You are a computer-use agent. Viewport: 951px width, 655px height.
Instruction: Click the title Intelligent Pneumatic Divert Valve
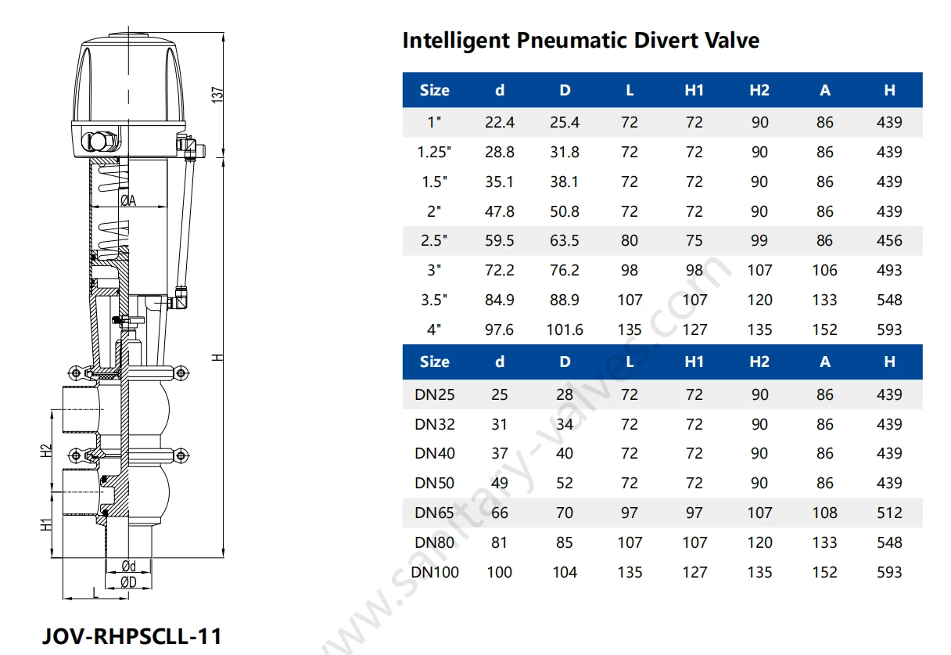point(580,41)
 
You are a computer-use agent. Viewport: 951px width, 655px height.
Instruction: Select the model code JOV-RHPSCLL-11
point(131,635)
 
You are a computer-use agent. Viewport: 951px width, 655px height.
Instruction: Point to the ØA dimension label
point(128,201)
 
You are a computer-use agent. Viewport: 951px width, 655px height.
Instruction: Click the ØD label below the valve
point(128,581)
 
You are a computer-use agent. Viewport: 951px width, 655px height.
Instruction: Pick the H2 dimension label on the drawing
point(46,452)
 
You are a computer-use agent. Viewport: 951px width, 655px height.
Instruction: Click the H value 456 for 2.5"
point(889,241)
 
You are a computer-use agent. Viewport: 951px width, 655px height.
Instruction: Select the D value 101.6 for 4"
point(565,329)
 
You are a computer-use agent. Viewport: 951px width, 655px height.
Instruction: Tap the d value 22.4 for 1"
point(499,123)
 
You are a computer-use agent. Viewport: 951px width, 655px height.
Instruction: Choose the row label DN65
point(435,513)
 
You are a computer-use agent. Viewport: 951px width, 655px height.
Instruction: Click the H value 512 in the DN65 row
point(889,513)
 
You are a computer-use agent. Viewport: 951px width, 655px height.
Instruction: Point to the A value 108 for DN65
point(824,513)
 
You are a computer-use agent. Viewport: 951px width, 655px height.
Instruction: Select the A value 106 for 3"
point(824,271)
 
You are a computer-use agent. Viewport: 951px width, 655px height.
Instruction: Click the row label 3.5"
point(435,301)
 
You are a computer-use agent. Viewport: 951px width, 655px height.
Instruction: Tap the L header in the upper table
point(630,91)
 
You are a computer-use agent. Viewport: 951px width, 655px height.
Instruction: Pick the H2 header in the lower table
point(759,362)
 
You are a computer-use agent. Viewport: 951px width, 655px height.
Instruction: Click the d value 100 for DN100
point(499,573)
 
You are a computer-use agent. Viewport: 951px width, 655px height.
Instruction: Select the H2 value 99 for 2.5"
point(759,241)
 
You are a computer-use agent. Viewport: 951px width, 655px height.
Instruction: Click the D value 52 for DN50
point(565,484)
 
